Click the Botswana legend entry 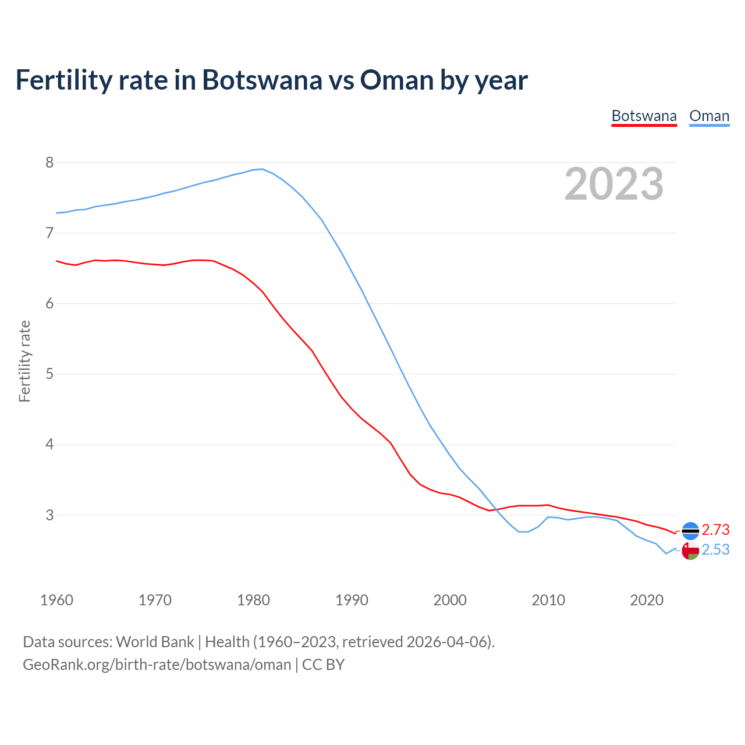point(644,116)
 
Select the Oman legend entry point(709,116)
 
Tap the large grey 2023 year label point(614,184)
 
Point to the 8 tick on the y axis point(49,162)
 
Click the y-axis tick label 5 point(49,374)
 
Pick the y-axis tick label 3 point(49,515)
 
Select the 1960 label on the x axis point(56,600)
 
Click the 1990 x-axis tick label point(352,600)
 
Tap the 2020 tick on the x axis point(647,600)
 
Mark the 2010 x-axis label point(548,600)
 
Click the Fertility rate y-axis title point(24,361)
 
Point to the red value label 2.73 point(715,530)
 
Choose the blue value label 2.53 point(715,549)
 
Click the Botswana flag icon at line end point(690,531)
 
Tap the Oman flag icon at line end point(690,551)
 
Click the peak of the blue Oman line point(262,169)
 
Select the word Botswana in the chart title point(262,80)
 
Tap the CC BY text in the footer point(324,665)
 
